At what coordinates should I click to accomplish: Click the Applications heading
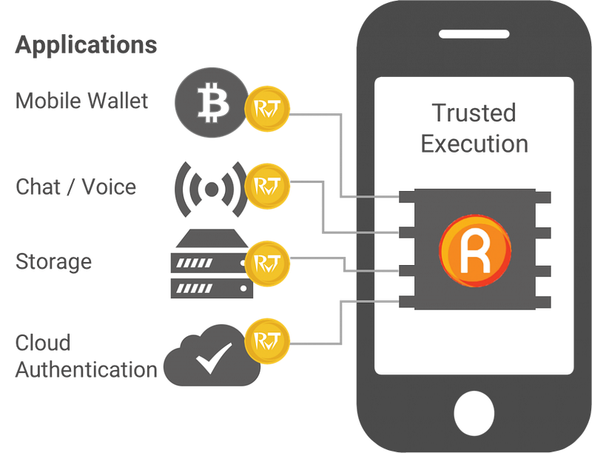pyautogui.click(x=86, y=46)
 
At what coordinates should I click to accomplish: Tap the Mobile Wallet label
pyautogui.click(x=81, y=101)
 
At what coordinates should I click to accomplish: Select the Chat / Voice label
pyautogui.click(x=76, y=187)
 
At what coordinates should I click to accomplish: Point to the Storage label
pyautogui.click(x=53, y=262)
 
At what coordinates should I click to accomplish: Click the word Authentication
pyautogui.click(x=87, y=369)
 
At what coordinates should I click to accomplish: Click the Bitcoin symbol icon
pyautogui.click(x=212, y=102)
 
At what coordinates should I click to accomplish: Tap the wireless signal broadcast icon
pyautogui.click(x=211, y=189)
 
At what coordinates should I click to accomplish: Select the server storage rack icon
pyautogui.click(x=212, y=264)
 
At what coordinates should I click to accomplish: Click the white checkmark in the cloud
pyautogui.click(x=214, y=358)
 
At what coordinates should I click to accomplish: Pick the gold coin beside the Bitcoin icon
pyautogui.click(x=267, y=109)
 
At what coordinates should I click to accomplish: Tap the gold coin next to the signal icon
pyautogui.click(x=267, y=186)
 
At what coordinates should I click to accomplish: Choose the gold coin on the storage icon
pyautogui.click(x=267, y=264)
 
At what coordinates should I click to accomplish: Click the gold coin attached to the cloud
pyautogui.click(x=267, y=341)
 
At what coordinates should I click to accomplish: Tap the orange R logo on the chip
pyautogui.click(x=475, y=251)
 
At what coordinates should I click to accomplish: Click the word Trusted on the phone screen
pyautogui.click(x=474, y=113)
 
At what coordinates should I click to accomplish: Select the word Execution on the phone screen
pyautogui.click(x=474, y=144)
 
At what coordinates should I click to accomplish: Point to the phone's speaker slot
pyautogui.click(x=474, y=34)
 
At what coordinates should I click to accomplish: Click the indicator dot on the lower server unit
pyautogui.click(x=243, y=289)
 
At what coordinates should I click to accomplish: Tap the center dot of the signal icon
pyautogui.click(x=212, y=189)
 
